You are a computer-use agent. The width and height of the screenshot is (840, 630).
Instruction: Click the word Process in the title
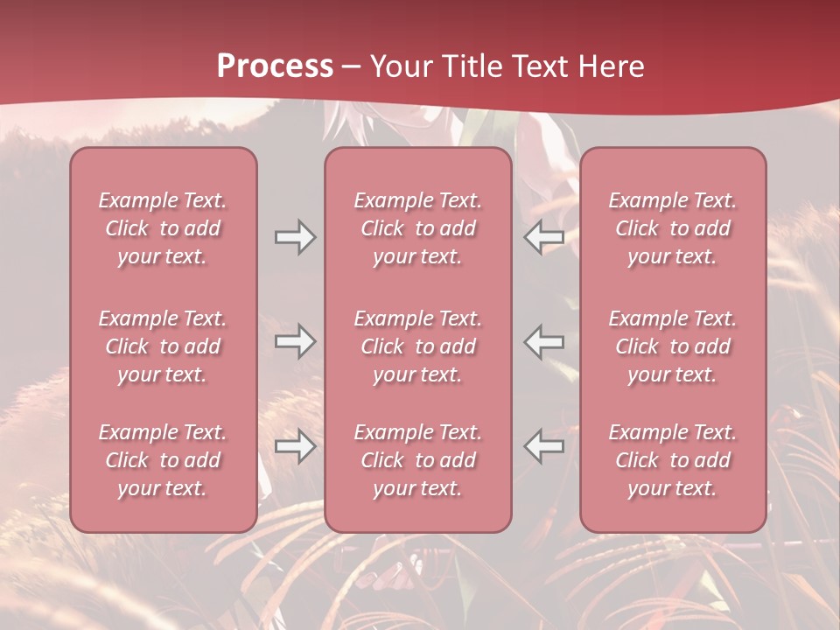coord(275,66)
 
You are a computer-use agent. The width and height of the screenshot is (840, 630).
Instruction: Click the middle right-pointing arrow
coord(295,341)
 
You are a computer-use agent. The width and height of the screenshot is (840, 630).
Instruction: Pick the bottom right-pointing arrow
coord(295,446)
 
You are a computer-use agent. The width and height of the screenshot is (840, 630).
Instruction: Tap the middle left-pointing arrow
coord(544,341)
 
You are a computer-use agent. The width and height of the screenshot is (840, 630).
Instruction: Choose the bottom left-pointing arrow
coord(544,446)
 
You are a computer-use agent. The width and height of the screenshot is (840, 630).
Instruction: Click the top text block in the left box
coord(163,228)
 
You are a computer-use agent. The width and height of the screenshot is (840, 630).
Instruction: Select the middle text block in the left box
coord(163,346)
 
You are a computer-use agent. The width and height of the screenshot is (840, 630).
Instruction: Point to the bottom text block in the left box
coord(163,460)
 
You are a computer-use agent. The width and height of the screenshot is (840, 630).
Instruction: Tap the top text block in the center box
coord(418,228)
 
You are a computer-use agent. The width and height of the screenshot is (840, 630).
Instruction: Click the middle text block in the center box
coord(418,346)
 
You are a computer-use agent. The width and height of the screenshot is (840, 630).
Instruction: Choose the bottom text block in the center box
coord(418,460)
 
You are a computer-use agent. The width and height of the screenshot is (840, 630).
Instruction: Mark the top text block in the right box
coord(673,228)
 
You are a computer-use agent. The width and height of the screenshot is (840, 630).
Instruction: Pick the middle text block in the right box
coord(673,346)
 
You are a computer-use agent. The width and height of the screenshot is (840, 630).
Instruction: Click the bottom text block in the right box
coord(673,460)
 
